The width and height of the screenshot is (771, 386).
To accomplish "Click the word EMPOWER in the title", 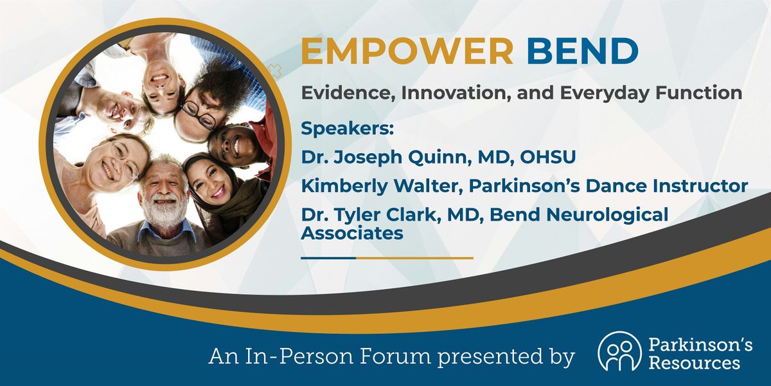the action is pyautogui.click(x=407, y=51).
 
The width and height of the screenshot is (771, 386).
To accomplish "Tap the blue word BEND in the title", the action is pyautogui.click(x=583, y=51).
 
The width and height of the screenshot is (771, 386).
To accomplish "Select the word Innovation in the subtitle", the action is pyautogui.click(x=456, y=94).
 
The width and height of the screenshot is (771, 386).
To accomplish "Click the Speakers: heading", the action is pyautogui.click(x=348, y=129).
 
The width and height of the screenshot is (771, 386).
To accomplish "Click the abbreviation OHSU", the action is pyautogui.click(x=547, y=157).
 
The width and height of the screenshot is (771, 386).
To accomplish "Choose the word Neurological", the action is pyautogui.click(x=607, y=215).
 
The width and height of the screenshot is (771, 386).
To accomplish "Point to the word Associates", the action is pyautogui.click(x=352, y=233).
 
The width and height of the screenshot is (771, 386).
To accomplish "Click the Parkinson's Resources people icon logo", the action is pyautogui.click(x=619, y=351).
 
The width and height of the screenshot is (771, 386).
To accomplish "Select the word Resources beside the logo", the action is pyautogui.click(x=694, y=363).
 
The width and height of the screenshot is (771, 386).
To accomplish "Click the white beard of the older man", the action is pyautogui.click(x=164, y=211).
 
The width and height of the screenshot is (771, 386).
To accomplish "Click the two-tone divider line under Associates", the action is pyautogui.click(x=387, y=258).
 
